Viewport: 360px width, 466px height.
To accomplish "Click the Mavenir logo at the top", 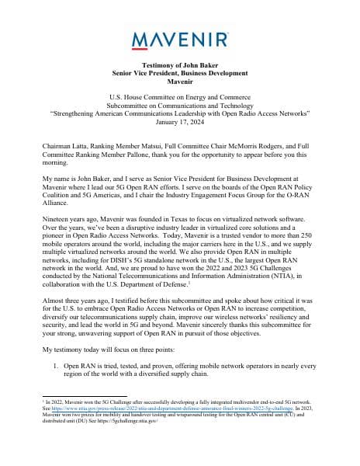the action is click(180, 39).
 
